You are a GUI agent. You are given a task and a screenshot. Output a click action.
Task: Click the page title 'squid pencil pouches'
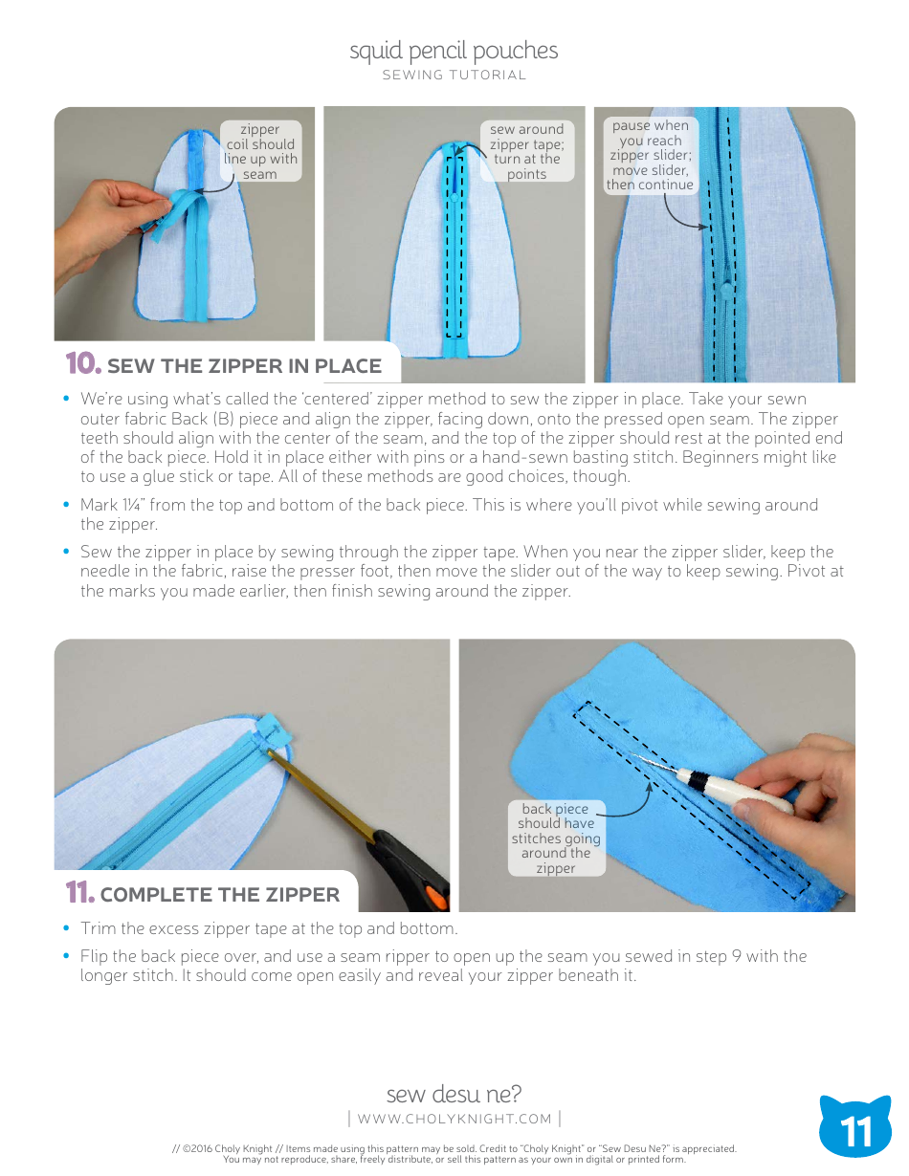(x=454, y=51)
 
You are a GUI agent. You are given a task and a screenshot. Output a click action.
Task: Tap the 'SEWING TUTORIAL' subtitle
(x=454, y=76)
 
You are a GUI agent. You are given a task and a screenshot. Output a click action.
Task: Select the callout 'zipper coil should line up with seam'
(x=260, y=151)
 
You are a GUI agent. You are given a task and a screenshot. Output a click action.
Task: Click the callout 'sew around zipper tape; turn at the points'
(x=526, y=151)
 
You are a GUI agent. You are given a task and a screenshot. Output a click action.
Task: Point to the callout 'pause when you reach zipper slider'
(x=651, y=155)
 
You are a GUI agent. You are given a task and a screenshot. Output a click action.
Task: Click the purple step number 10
(x=82, y=364)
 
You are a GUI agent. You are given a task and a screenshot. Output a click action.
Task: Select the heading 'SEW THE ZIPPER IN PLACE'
(x=244, y=366)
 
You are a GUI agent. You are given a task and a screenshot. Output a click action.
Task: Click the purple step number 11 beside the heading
(x=80, y=894)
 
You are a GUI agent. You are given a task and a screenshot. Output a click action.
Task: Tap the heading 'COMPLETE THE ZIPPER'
(x=219, y=895)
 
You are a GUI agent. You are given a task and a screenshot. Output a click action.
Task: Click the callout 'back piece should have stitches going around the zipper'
(x=556, y=838)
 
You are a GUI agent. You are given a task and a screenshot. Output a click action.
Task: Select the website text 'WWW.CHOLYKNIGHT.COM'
(x=454, y=1119)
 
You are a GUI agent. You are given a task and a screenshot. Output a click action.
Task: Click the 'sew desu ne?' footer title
(x=454, y=1094)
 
